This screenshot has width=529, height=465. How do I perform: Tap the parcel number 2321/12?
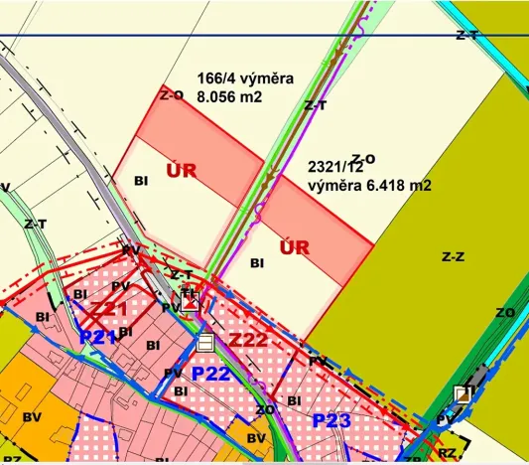click(x=337, y=168)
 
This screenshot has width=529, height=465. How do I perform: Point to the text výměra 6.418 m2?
click(x=368, y=186)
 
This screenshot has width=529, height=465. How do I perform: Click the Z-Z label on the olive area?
click(x=453, y=256)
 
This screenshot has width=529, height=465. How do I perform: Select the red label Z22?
click(x=248, y=341)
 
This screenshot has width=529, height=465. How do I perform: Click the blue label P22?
click(x=210, y=374)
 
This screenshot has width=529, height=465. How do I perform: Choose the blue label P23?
click(x=331, y=420)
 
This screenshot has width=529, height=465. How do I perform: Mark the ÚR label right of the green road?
click(x=296, y=245)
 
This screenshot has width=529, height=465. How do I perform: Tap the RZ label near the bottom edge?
click(x=448, y=452)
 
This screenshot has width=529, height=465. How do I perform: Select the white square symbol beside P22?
click(x=205, y=343)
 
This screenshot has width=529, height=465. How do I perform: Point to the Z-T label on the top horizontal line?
click(x=467, y=35)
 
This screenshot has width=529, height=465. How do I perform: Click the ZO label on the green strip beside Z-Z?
click(x=505, y=312)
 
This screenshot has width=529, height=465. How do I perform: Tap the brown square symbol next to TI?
click(x=462, y=393)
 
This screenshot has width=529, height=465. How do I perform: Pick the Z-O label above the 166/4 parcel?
click(x=172, y=94)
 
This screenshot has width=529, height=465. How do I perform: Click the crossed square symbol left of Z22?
click(x=189, y=302)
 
